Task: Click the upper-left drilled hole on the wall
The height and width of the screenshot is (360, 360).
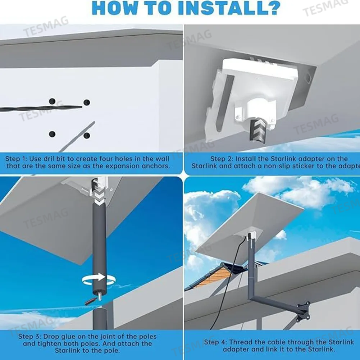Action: pyautogui.click(x=53, y=101)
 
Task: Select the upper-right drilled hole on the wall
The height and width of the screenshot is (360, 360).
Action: pyautogui.click(x=86, y=102)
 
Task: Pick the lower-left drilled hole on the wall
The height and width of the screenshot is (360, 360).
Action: pyautogui.click(x=53, y=134)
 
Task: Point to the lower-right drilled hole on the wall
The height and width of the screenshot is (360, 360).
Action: pyautogui.click(x=86, y=136)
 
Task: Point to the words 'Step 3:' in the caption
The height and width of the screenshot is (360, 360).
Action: pyautogui.click(x=29, y=337)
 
